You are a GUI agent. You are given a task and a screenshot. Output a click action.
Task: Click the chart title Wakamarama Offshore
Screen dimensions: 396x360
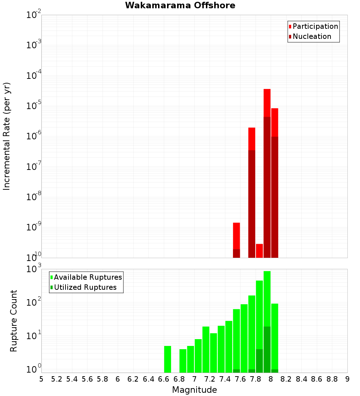[180, 5]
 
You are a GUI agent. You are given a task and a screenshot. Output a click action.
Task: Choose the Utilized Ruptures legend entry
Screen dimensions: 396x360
[85, 287]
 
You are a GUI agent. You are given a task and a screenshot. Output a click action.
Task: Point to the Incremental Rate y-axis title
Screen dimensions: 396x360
[7, 136]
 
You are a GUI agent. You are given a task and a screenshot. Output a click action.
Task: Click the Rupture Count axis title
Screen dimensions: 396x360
[14, 321]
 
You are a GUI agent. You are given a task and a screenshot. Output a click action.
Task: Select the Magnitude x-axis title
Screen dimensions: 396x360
[194, 390]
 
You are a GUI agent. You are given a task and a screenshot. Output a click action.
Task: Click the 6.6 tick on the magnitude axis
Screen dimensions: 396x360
[164, 379]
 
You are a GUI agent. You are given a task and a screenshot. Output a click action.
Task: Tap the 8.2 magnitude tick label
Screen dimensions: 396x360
[286, 379]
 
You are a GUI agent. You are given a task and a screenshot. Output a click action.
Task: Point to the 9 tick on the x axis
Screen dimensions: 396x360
[347, 379]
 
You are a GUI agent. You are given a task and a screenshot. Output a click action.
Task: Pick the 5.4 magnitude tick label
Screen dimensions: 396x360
[72, 379]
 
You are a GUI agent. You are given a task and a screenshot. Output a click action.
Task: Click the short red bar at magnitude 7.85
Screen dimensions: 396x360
[259, 251]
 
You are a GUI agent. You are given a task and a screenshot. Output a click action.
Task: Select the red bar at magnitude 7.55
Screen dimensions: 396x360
[237, 236]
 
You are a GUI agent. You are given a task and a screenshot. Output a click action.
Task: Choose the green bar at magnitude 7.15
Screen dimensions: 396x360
[206, 349]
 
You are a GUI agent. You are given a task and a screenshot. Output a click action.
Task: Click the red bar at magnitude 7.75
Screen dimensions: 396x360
[252, 139]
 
